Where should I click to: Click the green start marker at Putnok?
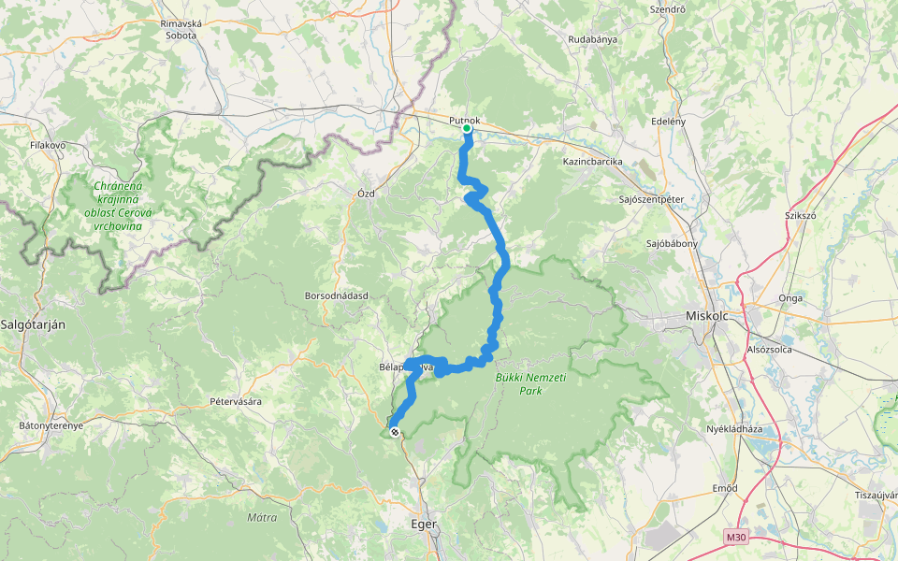click(467, 129)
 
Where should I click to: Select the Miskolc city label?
click(713, 315)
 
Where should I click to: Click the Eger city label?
click(424, 524)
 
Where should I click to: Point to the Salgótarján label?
click(33, 324)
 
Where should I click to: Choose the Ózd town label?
click(365, 193)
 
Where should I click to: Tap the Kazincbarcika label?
click(592, 162)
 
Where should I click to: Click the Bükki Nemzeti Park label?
click(517, 383)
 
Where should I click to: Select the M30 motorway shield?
click(736, 537)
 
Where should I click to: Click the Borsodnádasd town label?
click(337, 295)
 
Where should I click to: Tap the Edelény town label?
click(668, 122)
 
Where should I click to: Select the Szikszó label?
click(801, 214)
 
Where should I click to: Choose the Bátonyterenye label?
click(51, 425)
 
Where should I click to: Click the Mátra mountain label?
click(262, 517)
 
